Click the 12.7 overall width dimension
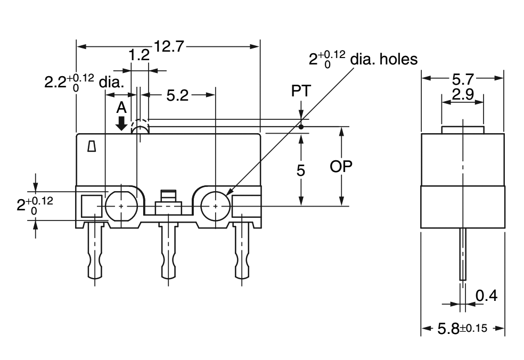pyautogui.click(x=169, y=46)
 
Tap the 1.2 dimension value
pyautogui.click(x=139, y=55)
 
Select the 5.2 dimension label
pyautogui.click(x=177, y=96)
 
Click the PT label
pyautogui.click(x=301, y=91)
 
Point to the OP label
pyautogui.click(x=341, y=167)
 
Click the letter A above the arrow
pyautogui.click(x=121, y=108)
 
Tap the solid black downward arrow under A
pyautogui.click(x=121, y=124)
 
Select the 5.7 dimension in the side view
pyautogui.click(x=463, y=79)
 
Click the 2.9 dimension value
pyautogui.click(x=463, y=95)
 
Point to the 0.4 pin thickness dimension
pyautogui.click(x=486, y=296)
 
